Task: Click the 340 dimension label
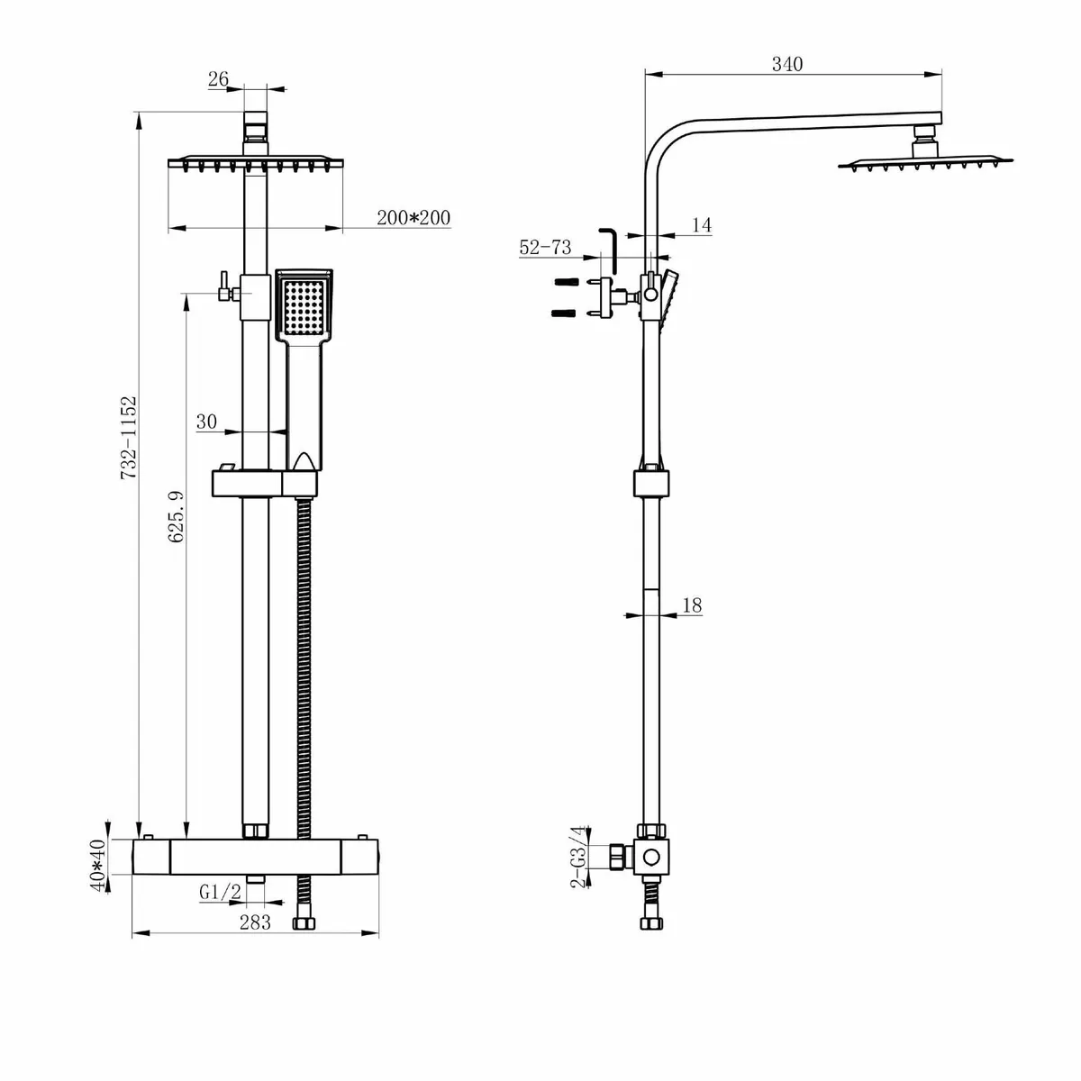pos(786,64)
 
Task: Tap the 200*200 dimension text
pos(414,217)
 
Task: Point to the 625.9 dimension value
pos(177,516)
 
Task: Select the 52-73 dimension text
pos(545,248)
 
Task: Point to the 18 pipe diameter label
pos(692,605)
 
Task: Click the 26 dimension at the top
pos(218,79)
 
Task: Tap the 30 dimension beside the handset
pos(207,422)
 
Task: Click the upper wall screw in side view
pos(563,281)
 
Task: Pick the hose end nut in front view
pos(304,923)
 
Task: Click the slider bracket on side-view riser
pos(651,481)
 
